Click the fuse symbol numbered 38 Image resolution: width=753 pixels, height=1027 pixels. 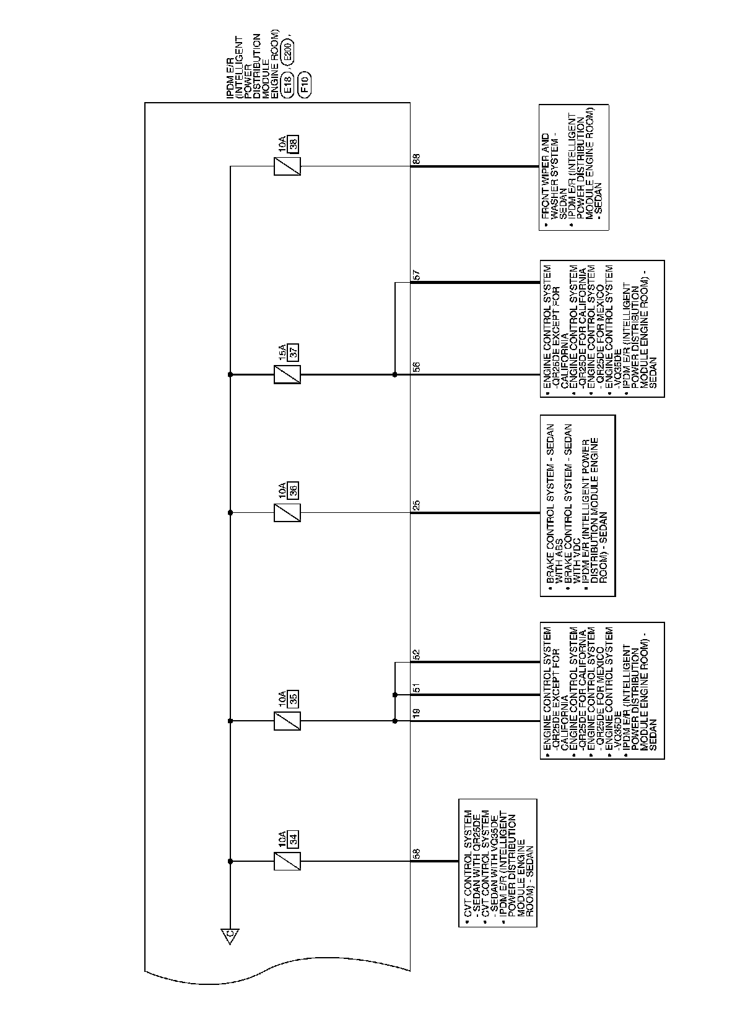[x=287, y=166]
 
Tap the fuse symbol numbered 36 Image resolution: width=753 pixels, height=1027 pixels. [x=287, y=512]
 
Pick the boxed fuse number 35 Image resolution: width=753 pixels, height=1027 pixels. [x=294, y=699]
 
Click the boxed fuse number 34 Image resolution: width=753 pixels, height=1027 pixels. [x=294, y=840]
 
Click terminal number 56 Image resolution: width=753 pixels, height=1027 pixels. [x=417, y=366]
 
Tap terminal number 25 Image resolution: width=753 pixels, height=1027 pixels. [x=417, y=505]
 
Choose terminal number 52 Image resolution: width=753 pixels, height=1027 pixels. [x=417, y=653]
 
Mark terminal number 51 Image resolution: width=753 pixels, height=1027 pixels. [x=417, y=687]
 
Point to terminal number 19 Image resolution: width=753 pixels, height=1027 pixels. [x=417, y=713]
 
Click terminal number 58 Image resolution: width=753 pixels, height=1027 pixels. [x=417, y=854]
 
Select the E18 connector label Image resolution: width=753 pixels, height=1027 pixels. [x=287, y=86]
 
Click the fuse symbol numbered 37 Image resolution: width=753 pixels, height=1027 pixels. [x=287, y=374]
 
